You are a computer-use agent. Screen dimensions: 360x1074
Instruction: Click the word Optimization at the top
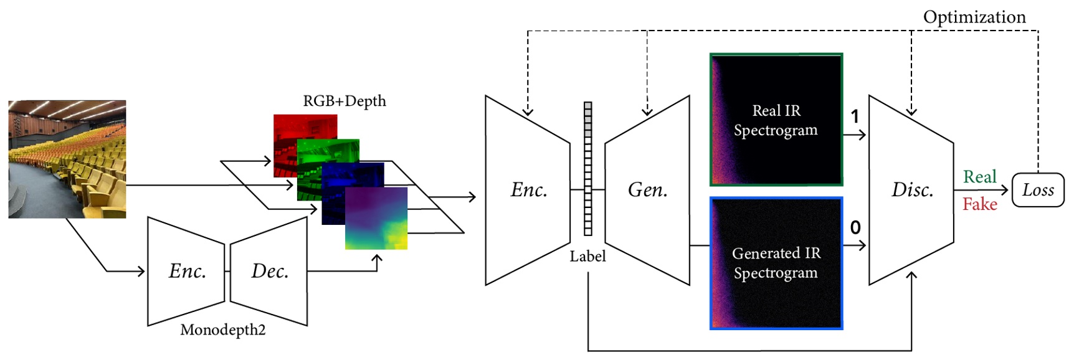(974, 17)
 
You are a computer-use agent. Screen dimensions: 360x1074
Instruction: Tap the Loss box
(1038, 190)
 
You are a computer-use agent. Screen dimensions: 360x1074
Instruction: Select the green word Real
(979, 177)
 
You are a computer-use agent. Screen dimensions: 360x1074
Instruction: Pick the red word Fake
(979, 204)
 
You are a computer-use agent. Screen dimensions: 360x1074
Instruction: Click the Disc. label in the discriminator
(912, 190)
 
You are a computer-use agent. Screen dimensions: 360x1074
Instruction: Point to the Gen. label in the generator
(647, 190)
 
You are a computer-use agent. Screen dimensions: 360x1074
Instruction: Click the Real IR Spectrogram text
(776, 120)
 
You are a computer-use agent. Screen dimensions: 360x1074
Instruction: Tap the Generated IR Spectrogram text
(776, 263)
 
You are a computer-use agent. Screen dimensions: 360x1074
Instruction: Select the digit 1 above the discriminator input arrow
(855, 116)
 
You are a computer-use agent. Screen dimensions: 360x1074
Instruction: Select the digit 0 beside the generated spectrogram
(855, 228)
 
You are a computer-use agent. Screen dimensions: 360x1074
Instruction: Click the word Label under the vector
(587, 256)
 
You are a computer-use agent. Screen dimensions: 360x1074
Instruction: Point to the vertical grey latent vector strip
(587, 168)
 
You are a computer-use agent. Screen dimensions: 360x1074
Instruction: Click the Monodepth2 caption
(222, 330)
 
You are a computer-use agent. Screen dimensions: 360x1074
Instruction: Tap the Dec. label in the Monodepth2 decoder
(269, 271)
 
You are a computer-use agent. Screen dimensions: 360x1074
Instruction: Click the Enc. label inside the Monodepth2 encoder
(188, 271)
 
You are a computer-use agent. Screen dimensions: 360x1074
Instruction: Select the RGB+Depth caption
(344, 101)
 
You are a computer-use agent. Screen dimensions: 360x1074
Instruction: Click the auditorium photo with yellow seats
(67, 159)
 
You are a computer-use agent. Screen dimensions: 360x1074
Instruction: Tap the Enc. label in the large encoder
(529, 190)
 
